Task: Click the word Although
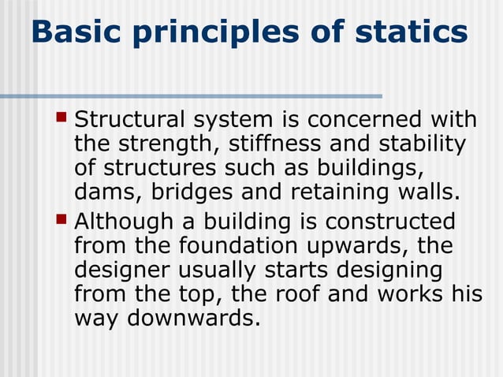(x=126, y=221)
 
